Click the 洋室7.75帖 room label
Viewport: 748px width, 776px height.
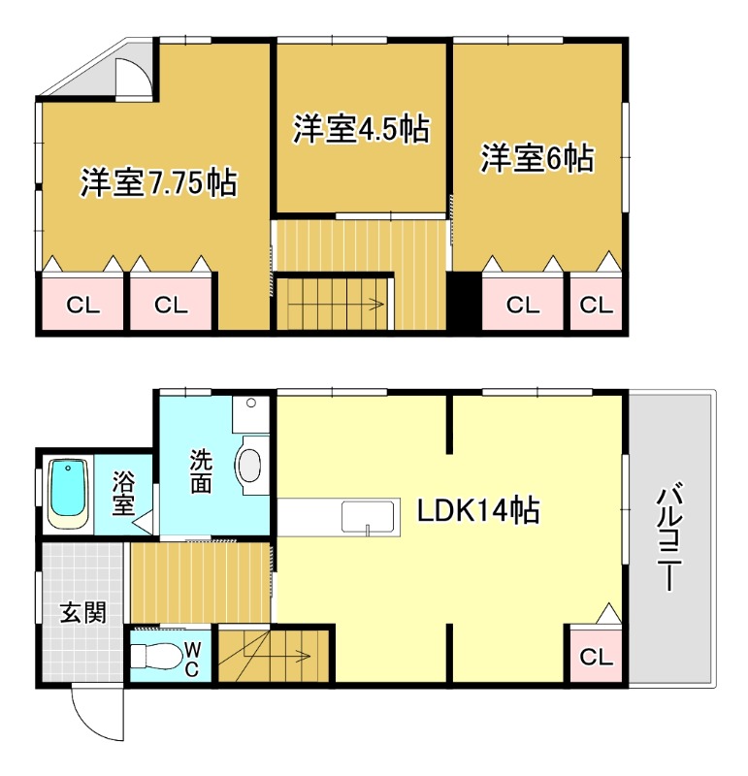(x=159, y=182)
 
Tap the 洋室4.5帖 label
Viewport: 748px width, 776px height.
(x=361, y=129)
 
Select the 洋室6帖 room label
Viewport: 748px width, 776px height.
(x=537, y=158)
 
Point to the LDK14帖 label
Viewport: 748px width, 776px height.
(x=478, y=510)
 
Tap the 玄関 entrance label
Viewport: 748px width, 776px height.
(x=83, y=613)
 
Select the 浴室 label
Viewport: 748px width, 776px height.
(x=123, y=493)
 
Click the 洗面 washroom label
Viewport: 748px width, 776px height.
(x=201, y=470)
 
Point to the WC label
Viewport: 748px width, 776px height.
(x=191, y=659)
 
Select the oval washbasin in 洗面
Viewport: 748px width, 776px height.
(x=250, y=465)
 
